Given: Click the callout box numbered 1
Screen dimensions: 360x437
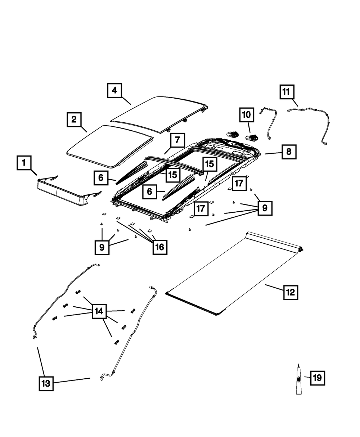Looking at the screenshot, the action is (24, 163).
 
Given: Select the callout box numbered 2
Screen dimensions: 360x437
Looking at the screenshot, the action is (74, 120).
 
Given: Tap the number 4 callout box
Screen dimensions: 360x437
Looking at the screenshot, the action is (114, 90).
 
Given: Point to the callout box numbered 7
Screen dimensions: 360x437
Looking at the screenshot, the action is (177, 140).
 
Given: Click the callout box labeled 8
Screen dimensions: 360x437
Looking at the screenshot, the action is (289, 152).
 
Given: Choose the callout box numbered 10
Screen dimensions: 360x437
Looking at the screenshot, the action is (247, 115).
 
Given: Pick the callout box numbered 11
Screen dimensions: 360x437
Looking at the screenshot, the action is (287, 92).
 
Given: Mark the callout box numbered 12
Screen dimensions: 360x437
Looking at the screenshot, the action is (291, 292).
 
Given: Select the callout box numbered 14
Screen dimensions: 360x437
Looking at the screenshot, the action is (99, 311).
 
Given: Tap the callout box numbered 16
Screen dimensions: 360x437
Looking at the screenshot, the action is (160, 247).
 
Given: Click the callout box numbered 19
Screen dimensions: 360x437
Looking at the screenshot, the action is (318, 378).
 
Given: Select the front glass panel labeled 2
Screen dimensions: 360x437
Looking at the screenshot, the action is (110, 146).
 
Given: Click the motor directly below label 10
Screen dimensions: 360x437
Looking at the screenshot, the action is (252, 138).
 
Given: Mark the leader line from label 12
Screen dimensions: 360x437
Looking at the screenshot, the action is (274, 287).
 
